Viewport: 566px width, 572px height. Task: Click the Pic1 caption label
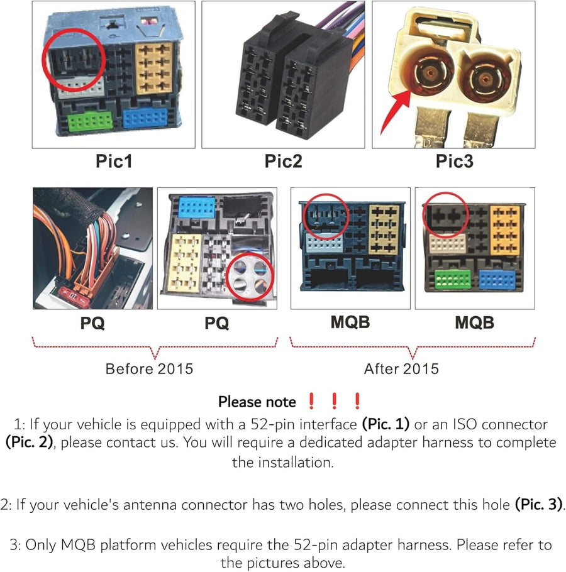pyautogui.click(x=114, y=161)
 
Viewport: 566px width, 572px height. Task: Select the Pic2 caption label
pyautogui.click(x=283, y=161)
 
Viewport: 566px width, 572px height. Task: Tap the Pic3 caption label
pyautogui.click(x=454, y=161)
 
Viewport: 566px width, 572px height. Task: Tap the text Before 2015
pyautogui.click(x=150, y=368)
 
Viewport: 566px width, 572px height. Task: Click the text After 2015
pyautogui.click(x=401, y=368)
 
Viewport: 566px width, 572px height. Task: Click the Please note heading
pyautogui.click(x=257, y=402)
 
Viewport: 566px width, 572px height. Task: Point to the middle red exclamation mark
pyautogui.click(x=334, y=401)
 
